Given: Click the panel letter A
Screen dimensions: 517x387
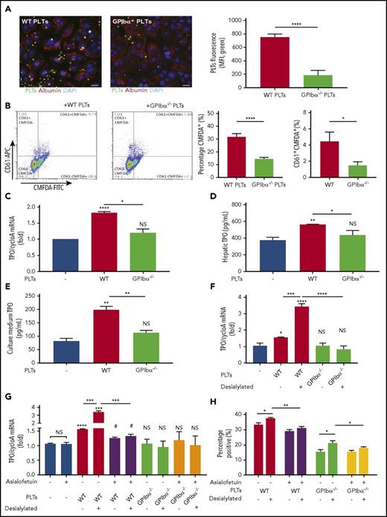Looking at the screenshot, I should point(5,6).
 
